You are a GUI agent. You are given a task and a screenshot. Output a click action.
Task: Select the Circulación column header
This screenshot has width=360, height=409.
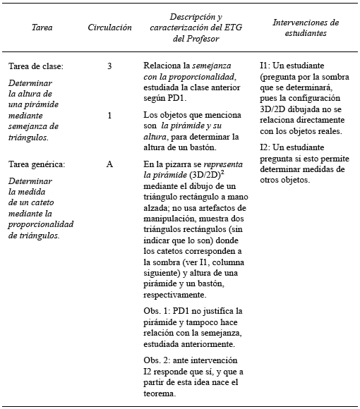[x=109, y=28]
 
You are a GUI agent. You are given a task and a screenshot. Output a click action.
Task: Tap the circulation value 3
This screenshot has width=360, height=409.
[x=109, y=66]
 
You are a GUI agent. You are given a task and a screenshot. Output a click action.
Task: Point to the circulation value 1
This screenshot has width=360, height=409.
[x=109, y=115]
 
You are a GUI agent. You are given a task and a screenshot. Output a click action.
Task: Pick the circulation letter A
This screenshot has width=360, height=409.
[x=109, y=164]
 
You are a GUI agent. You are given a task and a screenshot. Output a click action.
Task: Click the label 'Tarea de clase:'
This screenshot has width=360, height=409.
[x=36, y=66]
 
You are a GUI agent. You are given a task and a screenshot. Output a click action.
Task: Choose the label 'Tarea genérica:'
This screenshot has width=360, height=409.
[x=37, y=164]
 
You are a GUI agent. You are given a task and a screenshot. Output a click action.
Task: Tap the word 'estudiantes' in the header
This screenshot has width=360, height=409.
[x=305, y=32]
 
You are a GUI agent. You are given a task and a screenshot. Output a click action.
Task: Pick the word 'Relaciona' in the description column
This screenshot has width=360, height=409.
[x=164, y=66]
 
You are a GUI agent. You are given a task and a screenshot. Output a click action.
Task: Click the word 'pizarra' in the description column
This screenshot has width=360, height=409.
[x=179, y=164]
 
